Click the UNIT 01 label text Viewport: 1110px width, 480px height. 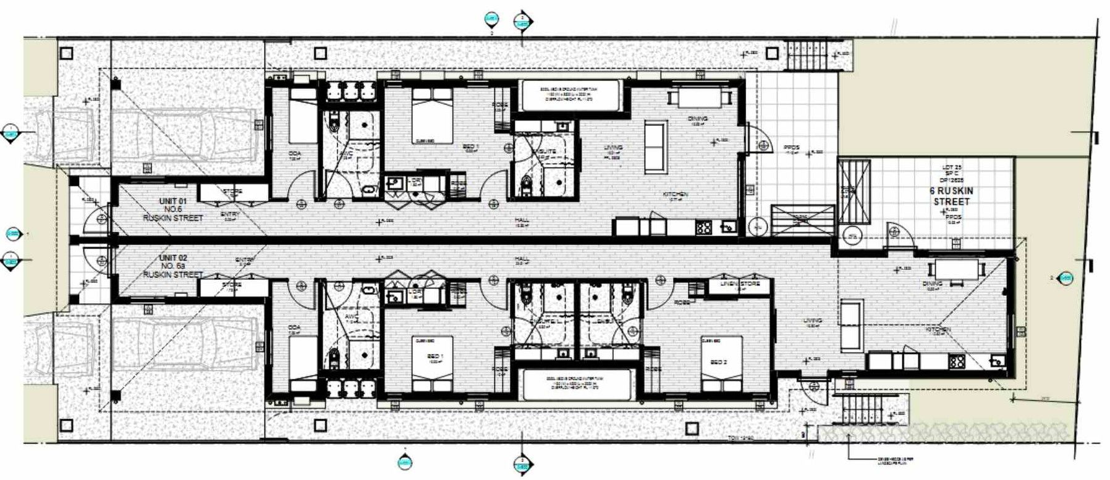[x=173, y=201]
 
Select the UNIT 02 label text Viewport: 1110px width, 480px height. [x=173, y=258]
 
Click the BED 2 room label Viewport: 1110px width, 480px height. [x=718, y=362]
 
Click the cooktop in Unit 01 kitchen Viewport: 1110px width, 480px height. [x=703, y=227]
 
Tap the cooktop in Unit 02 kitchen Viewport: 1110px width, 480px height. [x=957, y=361]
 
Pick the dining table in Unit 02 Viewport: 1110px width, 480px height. [x=957, y=270]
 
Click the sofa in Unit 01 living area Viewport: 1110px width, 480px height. [x=656, y=140]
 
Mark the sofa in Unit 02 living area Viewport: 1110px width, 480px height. [x=852, y=324]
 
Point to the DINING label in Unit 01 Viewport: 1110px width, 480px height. [x=697, y=119]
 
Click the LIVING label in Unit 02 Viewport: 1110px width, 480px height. [x=812, y=321]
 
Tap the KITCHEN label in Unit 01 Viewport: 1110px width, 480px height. [x=676, y=195]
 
